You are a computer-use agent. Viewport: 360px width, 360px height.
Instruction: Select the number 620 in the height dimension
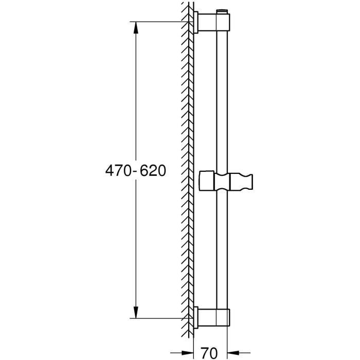151,171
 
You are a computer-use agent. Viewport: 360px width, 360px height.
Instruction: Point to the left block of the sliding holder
207,181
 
